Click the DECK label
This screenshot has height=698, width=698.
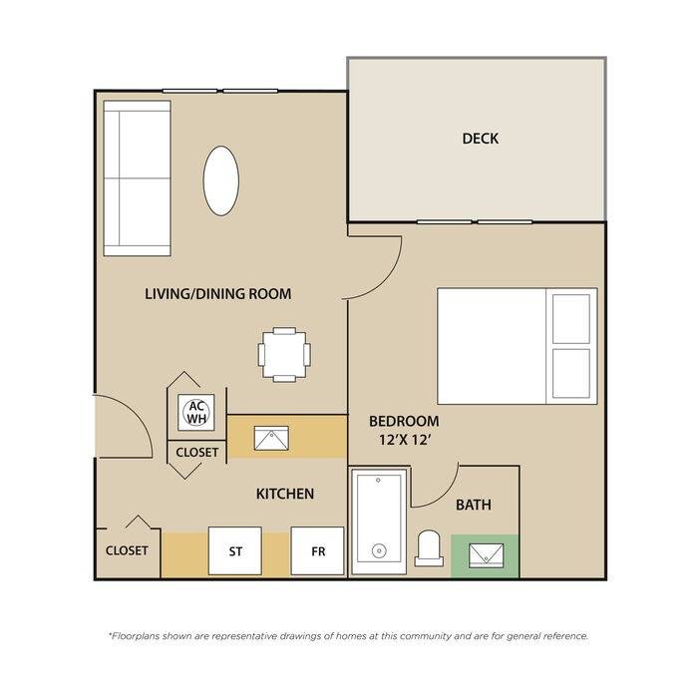point(481,139)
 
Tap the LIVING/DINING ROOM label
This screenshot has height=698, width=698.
point(218,294)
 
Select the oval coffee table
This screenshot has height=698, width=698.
point(220,180)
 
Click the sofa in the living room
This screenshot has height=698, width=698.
point(138,178)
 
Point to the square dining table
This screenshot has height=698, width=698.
point(284,355)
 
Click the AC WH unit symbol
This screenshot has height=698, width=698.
point(196,412)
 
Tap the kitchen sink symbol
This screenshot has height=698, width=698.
point(271,438)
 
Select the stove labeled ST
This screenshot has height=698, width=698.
point(235,551)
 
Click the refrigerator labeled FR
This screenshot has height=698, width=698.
point(317,551)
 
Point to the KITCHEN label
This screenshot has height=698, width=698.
point(285,494)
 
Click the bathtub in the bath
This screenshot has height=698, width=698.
point(379,521)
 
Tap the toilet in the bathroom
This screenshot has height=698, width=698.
point(429,548)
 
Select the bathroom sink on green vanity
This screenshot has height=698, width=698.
point(487,555)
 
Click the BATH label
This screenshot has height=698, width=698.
point(474,505)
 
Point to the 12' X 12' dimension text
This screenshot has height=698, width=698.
point(406,441)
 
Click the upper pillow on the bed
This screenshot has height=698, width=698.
point(571,319)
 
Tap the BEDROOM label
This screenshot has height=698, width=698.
point(404,421)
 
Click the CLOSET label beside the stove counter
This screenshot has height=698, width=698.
point(127,550)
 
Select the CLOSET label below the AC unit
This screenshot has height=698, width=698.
point(197,453)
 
